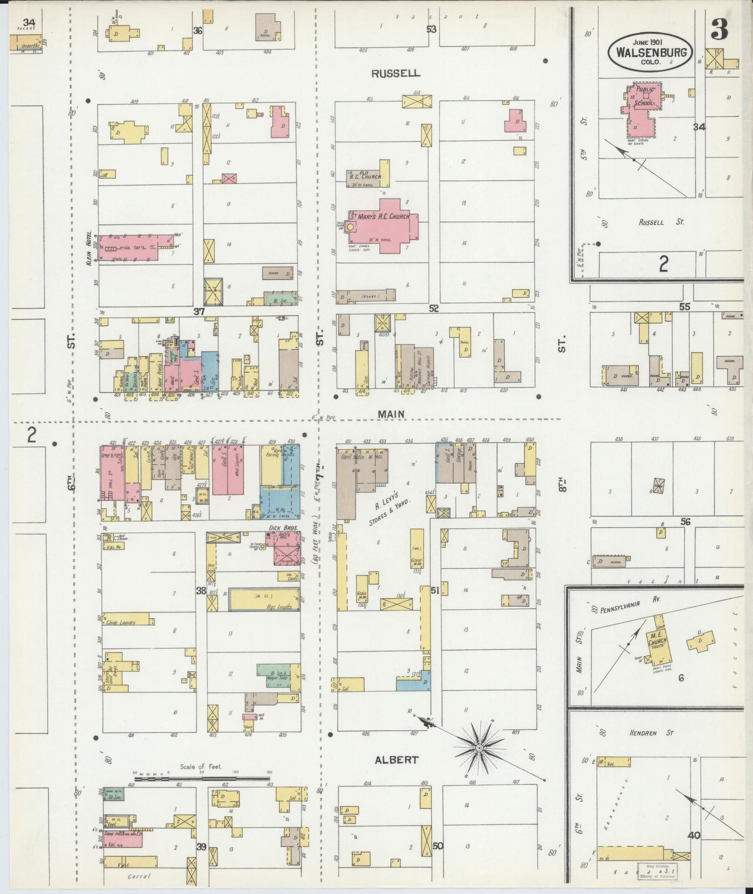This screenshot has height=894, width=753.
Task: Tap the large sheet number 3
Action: click(719, 31)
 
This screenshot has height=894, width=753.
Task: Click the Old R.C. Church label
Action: click(366, 176)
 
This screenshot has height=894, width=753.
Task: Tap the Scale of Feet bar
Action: click(202, 779)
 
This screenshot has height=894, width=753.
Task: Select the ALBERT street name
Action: click(396, 759)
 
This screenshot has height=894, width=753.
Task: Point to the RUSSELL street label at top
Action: click(396, 74)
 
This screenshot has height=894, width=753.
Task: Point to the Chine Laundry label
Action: click(120, 622)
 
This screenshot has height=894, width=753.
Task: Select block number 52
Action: click(434, 309)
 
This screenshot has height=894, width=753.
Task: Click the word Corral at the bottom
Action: click(139, 876)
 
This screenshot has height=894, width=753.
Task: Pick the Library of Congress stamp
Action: click(656, 873)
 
